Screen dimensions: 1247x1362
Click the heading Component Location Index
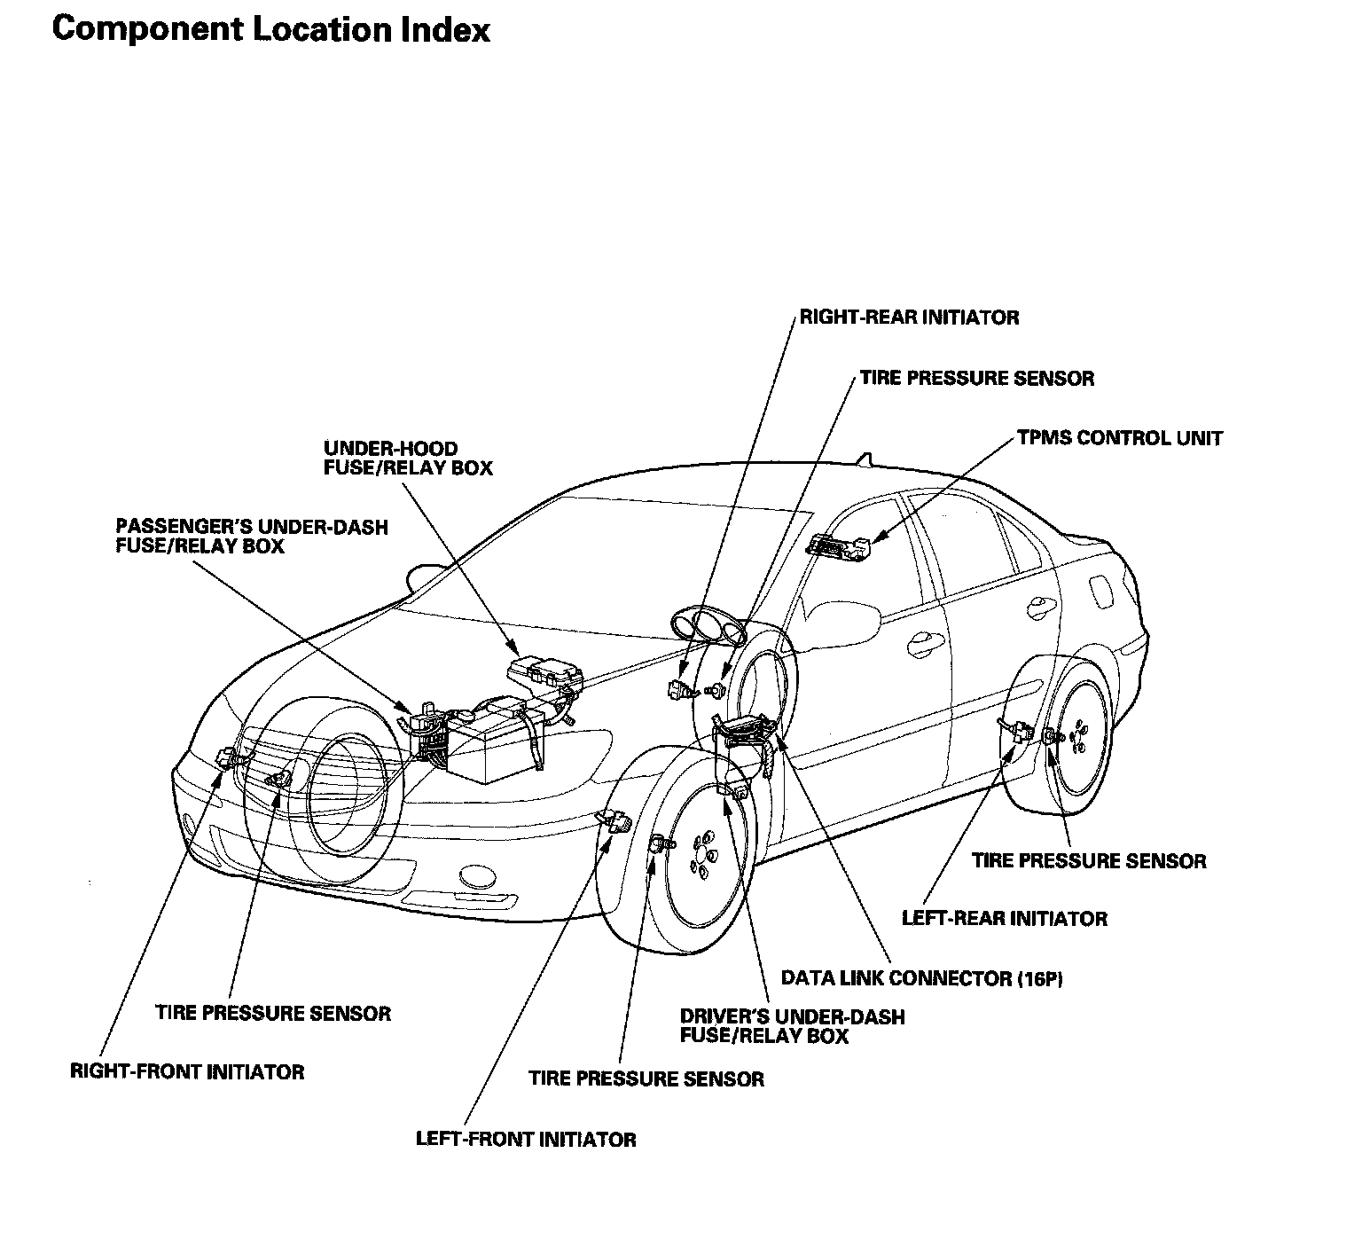[x=270, y=29]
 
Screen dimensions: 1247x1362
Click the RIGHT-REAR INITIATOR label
[x=909, y=317]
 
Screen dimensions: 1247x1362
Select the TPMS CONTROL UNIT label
[x=1119, y=438]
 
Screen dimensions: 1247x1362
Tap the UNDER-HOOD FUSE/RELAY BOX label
[x=407, y=458]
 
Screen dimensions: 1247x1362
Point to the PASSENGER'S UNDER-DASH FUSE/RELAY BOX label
[x=252, y=537]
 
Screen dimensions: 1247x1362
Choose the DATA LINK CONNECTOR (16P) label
[x=921, y=978]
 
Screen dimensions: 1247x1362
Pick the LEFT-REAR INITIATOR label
[x=1004, y=918]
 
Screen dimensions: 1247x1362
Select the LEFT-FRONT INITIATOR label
[x=526, y=1139]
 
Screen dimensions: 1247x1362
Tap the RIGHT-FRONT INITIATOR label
[x=187, y=1071]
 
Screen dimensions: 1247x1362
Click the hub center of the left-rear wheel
[x=1079, y=737]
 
